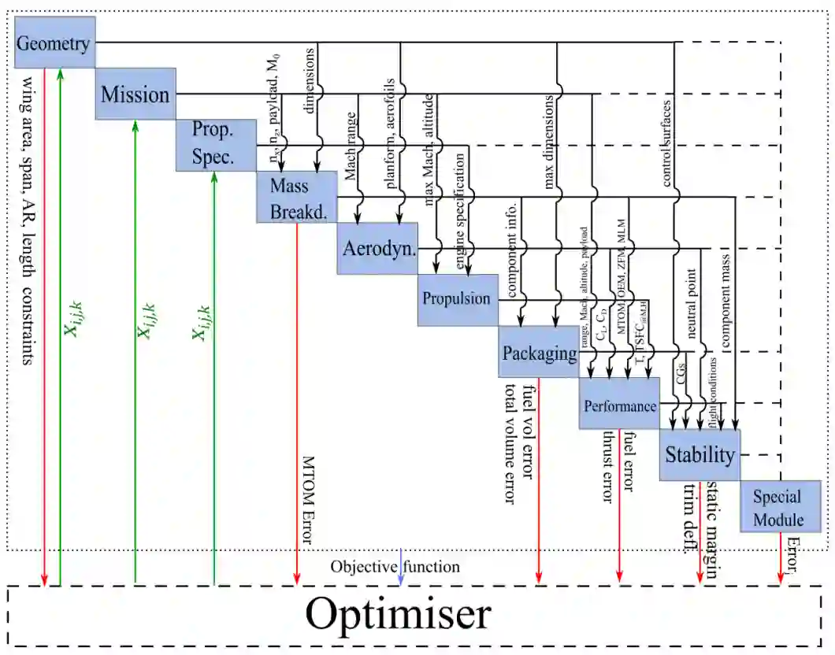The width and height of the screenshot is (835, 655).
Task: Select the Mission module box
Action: pos(135,94)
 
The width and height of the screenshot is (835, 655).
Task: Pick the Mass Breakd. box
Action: pos(296,197)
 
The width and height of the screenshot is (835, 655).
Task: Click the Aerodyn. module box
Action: pos(377,248)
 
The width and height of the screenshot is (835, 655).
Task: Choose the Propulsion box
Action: pos(458,299)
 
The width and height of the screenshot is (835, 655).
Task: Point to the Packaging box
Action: pos(539,352)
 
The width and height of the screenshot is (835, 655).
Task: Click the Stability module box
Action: pos(700,454)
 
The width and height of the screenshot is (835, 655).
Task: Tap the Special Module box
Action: pos(780,508)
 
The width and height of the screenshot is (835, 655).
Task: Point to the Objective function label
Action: pos(395,566)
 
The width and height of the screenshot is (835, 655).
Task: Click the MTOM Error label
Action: pos(308,500)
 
